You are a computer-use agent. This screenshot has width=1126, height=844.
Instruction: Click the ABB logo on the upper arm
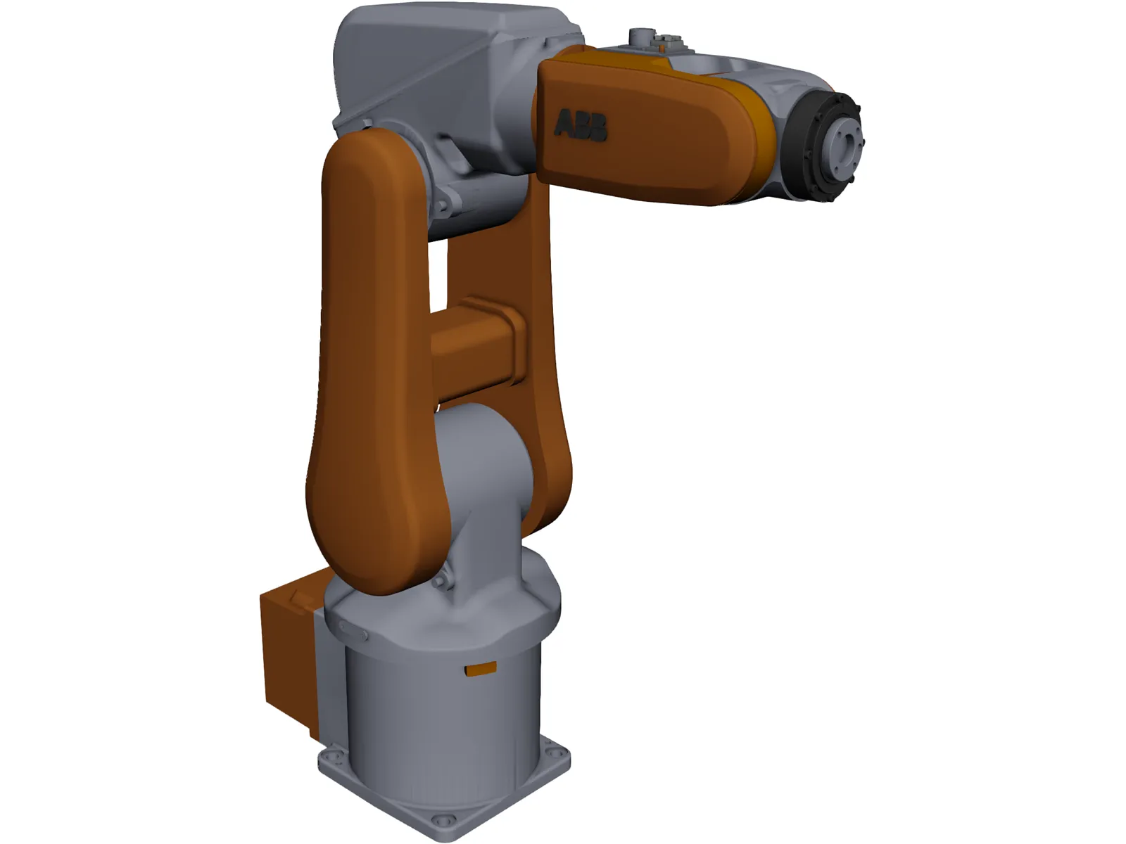(581, 126)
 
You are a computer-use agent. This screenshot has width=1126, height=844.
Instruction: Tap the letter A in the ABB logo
(564, 124)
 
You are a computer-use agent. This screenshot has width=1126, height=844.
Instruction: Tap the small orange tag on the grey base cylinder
(481, 669)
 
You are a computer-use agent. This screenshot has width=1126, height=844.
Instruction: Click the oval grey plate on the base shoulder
(353, 630)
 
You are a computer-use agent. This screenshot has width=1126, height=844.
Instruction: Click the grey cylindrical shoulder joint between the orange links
(482, 464)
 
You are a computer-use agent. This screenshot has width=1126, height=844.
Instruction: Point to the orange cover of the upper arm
(654, 134)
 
